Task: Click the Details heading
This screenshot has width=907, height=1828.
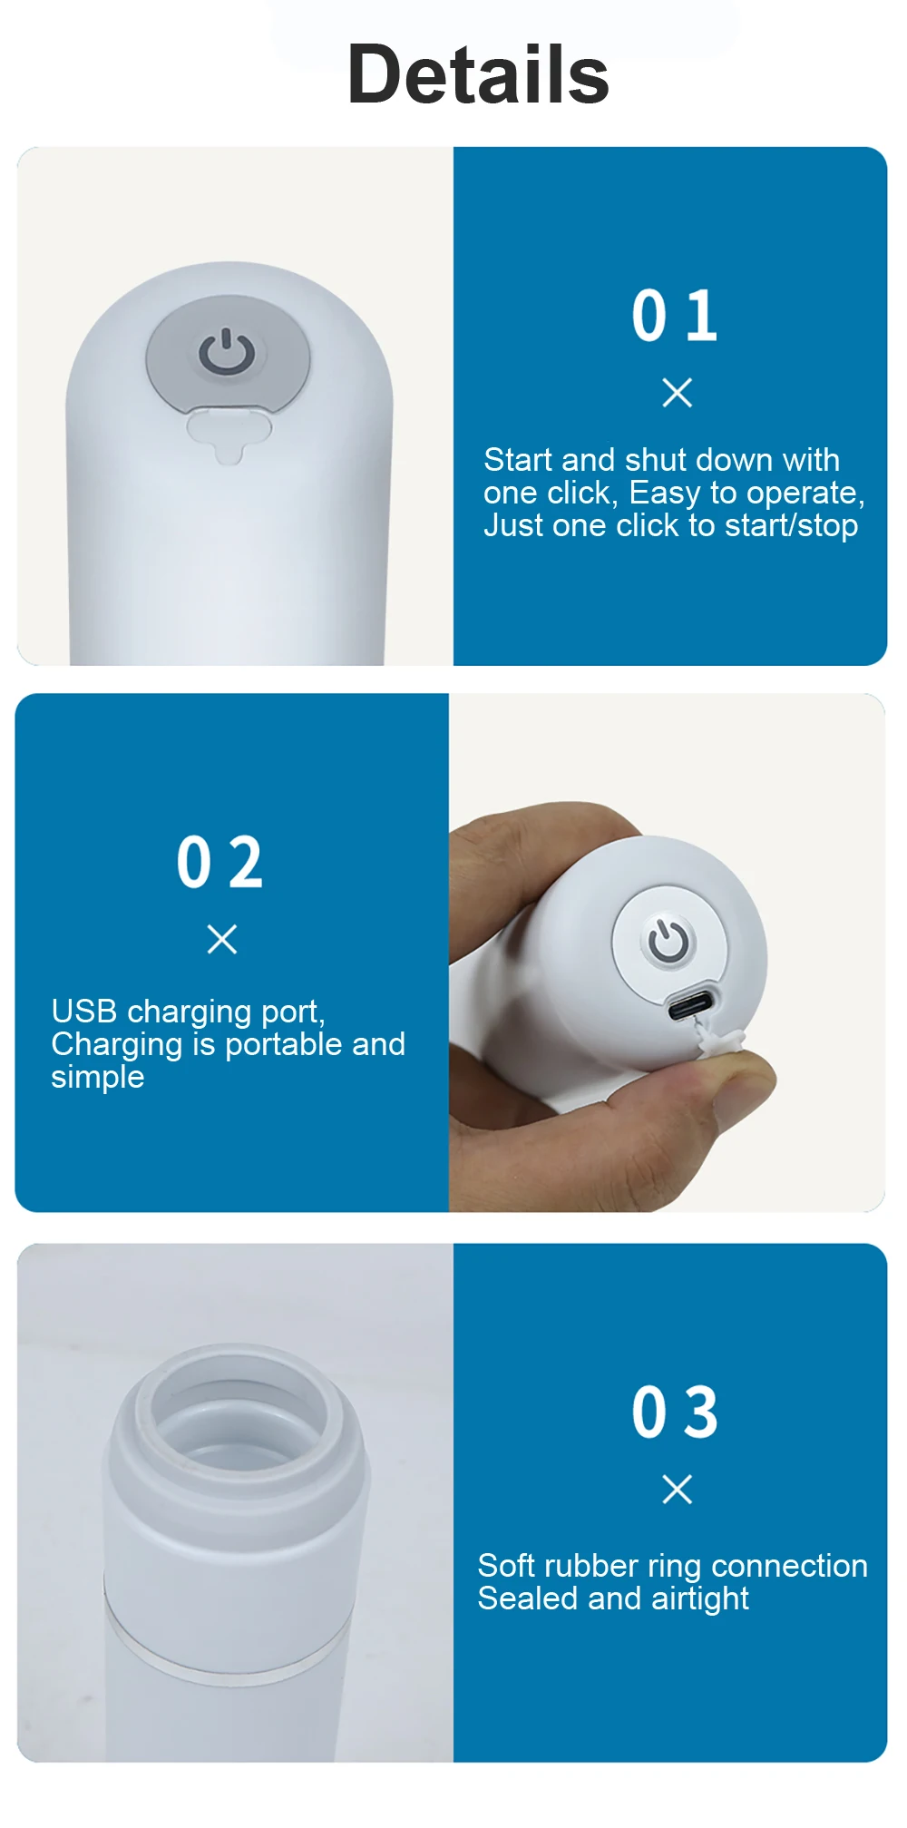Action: pyautogui.click(x=478, y=74)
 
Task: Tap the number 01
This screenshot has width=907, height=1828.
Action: pyautogui.click(x=675, y=316)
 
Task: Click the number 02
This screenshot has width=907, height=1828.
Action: pyautogui.click(x=219, y=862)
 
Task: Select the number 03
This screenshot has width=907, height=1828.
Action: pyautogui.click(x=676, y=1413)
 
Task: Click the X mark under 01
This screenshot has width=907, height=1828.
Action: pyautogui.click(x=678, y=393)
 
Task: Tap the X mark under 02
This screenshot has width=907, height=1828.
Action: pyautogui.click(x=222, y=939)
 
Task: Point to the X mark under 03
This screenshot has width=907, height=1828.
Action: pyautogui.click(x=678, y=1489)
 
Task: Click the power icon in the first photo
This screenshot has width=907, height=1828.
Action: pyautogui.click(x=227, y=352)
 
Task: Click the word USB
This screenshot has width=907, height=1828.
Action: pyautogui.click(x=84, y=1011)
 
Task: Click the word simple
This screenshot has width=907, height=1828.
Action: pyautogui.click(x=98, y=1078)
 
